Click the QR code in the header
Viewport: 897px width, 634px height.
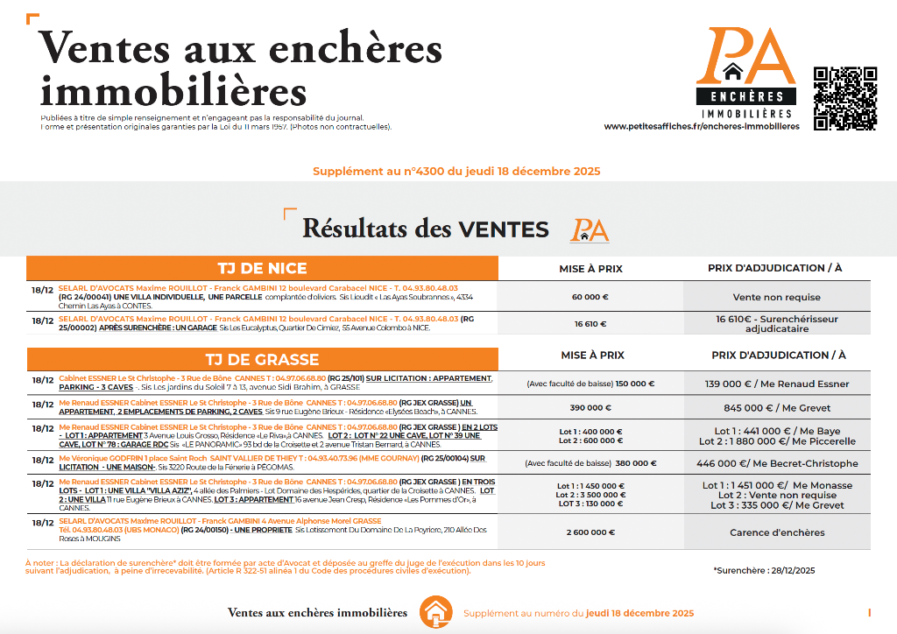[844, 98]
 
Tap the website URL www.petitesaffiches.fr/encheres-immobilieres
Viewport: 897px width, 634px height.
[702, 126]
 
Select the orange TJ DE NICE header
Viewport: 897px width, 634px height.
[262, 268]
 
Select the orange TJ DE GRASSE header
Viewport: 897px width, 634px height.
[262, 357]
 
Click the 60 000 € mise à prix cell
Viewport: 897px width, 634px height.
[590, 297]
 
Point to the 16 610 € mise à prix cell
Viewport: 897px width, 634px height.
[590, 323]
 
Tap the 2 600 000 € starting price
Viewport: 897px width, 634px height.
[590, 532]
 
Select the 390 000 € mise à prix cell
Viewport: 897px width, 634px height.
[590, 408]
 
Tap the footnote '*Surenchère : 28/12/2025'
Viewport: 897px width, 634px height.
[764, 570]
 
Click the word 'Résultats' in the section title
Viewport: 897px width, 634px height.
[357, 229]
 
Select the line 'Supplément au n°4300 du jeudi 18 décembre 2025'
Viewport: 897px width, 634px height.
[456, 172]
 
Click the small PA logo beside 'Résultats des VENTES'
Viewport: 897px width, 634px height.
[590, 229]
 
